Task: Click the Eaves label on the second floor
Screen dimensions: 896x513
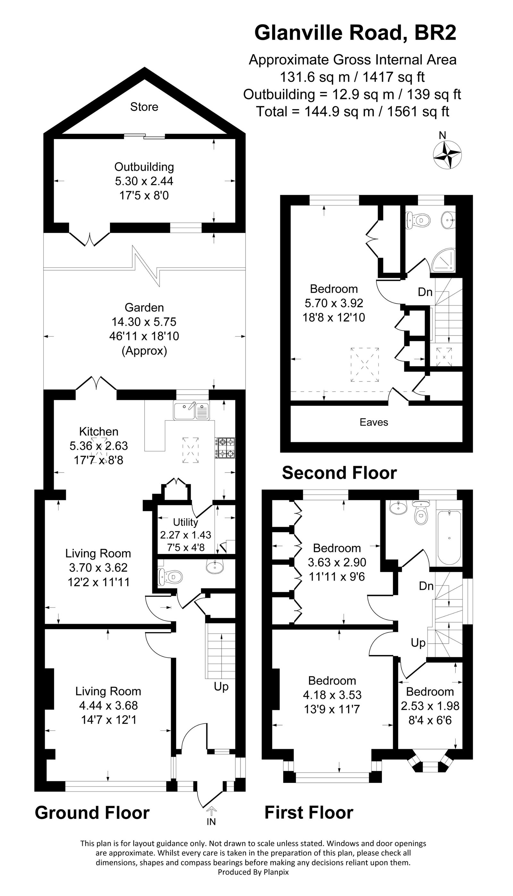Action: pyautogui.click(x=374, y=422)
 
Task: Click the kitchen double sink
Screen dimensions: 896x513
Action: pyautogui.click(x=191, y=411)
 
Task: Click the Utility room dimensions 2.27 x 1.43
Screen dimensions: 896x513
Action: pyautogui.click(x=186, y=535)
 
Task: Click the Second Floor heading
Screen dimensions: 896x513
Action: pyautogui.click(x=339, y=473)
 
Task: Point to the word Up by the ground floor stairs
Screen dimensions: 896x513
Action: pyautogui.click(x=221, y=686)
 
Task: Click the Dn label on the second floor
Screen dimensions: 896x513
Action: pyautogui.click(x=425, y=292)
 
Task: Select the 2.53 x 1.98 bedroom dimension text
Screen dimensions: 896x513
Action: pyautogui.click(x=430, y=706)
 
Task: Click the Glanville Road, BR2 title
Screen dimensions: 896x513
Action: pyautogui.click(x=355, y=33)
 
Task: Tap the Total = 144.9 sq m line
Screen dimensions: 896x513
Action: pyautogui.click(x=352, y=112)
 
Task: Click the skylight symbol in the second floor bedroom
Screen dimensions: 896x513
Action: pyautogui.click(x=365, y=364)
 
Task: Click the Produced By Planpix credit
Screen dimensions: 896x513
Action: pyautogui.click(x=253, y=872)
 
